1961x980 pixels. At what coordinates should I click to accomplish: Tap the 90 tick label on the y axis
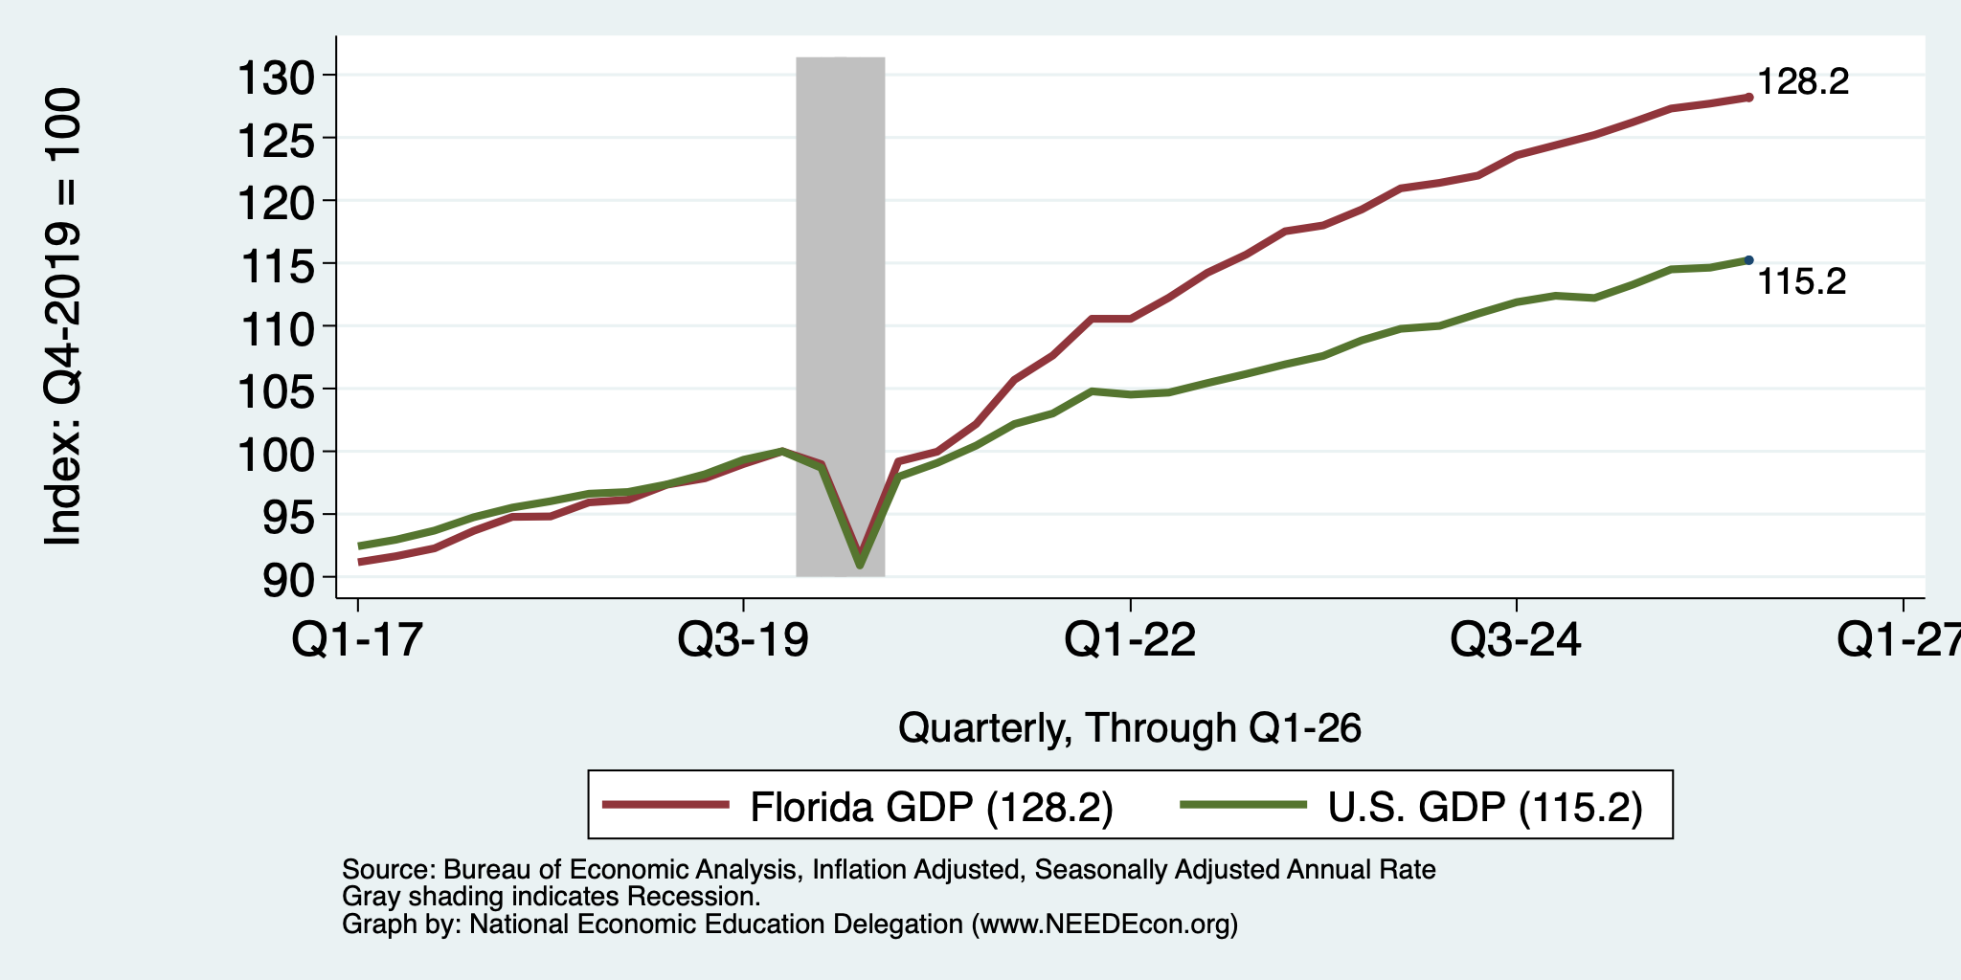point(288,578)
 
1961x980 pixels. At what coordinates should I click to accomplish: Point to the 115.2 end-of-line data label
point(1802,281)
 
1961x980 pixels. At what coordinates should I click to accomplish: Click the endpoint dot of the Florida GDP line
point(1748,98)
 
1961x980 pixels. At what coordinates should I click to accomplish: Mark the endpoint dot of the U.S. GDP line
point(1748,260)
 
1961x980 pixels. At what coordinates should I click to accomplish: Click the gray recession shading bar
point(841,317)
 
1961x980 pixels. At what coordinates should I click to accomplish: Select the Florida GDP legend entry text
point(932,807)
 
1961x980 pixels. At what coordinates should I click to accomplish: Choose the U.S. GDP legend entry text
point(1485,807)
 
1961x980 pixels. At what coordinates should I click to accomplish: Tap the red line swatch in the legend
point(665,805)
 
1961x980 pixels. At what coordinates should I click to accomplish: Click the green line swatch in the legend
point(1244,805)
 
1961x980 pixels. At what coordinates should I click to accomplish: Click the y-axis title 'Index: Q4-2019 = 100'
point(63,317)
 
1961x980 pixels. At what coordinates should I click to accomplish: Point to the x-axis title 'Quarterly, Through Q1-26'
point(1130,728)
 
